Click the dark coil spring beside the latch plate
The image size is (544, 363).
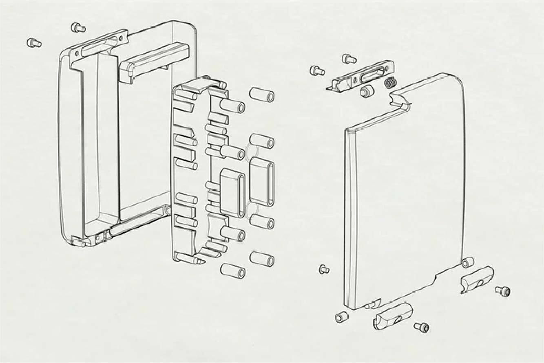[x=391, y=83]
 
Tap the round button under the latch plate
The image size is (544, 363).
[x=367, y=91]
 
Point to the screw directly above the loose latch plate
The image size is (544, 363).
[x=349, y=59]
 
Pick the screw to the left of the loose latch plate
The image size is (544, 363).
[x=317, y=70]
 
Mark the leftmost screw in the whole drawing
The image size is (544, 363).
[x=34, y=42]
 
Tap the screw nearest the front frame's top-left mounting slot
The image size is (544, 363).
[x=78, y=28]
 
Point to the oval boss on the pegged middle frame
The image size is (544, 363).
[x=232, y=193]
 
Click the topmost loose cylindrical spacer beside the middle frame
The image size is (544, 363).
[x=262, y=95]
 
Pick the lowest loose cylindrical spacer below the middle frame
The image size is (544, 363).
[x=232, y=271]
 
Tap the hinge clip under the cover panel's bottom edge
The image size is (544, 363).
[x=393, y=316]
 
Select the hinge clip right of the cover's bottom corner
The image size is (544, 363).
[x=477, y=279]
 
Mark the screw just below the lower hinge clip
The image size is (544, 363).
[x=421, y=327]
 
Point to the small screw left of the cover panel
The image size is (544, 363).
[x=324, y=269]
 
